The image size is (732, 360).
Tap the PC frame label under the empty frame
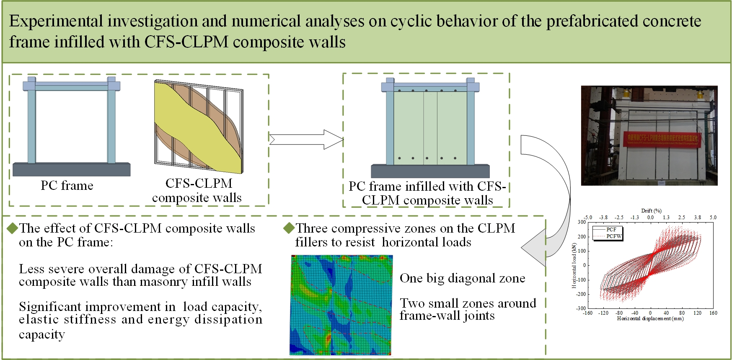pyautogui.click(x=67, y=185)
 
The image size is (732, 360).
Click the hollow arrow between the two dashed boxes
pyautogui.click(x=306, y=139)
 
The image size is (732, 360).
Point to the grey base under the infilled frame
pyautogui.click(x=430, y=171)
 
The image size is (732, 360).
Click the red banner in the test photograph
pyautogui.click(x=662, y=140)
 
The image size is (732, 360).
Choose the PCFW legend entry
pyautogui.click(x=614, y=236)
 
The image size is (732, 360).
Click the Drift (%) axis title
pyautogui.click(x=651, y=211)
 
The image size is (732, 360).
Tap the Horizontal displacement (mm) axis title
pyautogui.click(x=650, y=319)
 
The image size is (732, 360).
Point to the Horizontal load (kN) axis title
pyautogui.click(x=574, y=266)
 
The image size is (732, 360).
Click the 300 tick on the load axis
pyautogui.click(x=582, y=222)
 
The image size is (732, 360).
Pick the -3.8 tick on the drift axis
pyautogui.click(x=603, y=217)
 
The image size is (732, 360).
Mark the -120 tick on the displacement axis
pyautogui.click(x=603, y=313)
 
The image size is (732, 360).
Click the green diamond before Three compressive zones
pyautogui.click(x=289, y=228)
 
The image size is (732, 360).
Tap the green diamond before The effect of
pyautogui.click(x=13, y=228)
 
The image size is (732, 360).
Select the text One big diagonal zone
pyautogui.click(x=462, y=278)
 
